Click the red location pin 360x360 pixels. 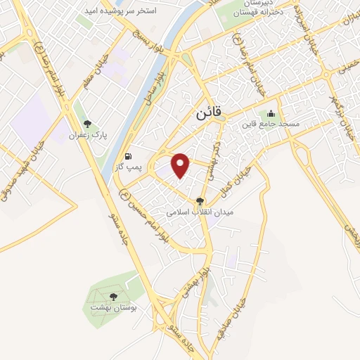click(x=181, y=165)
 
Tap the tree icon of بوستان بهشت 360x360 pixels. click(x=114, y=297)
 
